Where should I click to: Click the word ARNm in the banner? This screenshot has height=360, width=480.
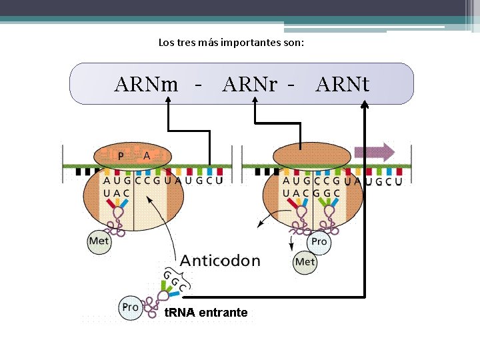146,85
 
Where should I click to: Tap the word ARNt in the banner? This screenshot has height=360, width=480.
343,85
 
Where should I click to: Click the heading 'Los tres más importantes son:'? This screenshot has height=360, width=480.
231,43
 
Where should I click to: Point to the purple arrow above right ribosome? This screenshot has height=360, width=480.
375,151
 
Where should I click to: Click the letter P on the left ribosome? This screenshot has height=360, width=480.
121,156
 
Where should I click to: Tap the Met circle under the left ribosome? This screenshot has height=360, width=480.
99,241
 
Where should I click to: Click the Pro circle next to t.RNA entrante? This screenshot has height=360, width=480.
130,307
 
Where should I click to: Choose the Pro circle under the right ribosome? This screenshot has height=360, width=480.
319,241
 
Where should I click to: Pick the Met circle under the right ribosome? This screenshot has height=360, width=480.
305,262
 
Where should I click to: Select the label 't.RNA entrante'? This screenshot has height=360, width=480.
206,313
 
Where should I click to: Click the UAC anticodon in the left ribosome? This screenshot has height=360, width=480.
117,193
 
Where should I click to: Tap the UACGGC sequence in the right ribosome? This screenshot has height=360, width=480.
311,193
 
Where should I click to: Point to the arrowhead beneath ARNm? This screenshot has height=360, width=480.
167,101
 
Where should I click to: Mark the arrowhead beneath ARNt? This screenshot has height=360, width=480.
365,104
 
